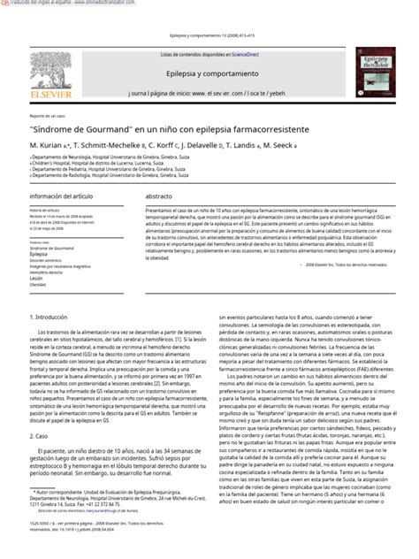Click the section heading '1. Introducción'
[56, 317]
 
